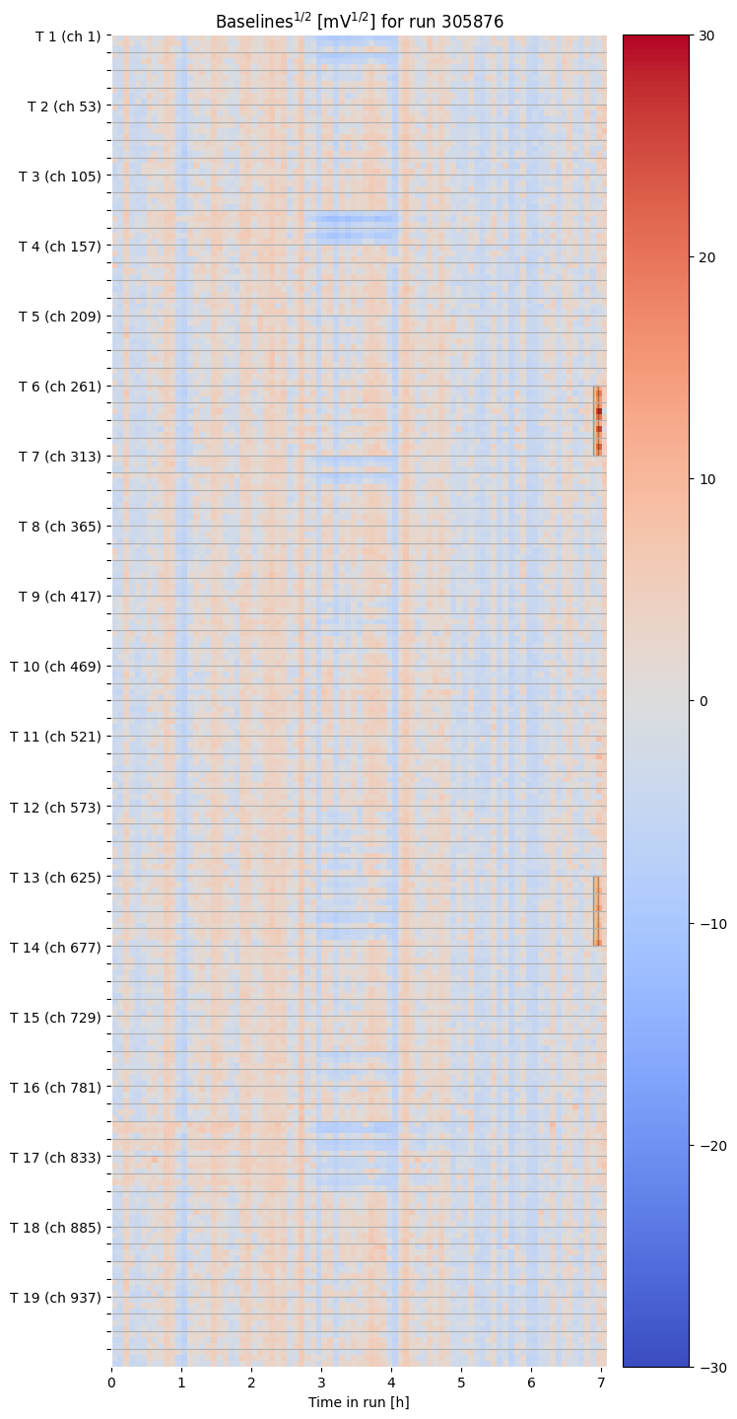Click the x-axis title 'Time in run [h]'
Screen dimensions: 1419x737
point(359,1402)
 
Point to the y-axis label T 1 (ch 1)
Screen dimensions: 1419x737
point(68,36)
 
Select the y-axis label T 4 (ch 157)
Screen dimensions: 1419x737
point(60,247)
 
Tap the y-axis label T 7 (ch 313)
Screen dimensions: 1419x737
point(60,457)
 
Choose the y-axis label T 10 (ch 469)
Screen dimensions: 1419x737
point(56,667)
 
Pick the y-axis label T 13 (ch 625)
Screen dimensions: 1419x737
point(56,877)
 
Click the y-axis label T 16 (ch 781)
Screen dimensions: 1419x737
point(56,1087)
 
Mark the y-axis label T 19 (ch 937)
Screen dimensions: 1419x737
point(56,1297)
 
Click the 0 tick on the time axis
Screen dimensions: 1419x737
point(111,1384)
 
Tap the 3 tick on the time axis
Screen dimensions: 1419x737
point(321,1384)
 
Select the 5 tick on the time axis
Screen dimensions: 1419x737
point(461,1384)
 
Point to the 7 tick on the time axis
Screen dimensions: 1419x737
point(601,1384)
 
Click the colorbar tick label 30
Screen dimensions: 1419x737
point(706,35)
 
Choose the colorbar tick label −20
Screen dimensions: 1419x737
point(710,1145)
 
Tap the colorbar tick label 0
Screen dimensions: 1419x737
point(703,701)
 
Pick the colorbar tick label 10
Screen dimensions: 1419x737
point(706,479)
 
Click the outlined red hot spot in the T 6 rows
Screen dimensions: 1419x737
point(598,421)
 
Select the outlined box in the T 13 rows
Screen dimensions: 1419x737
point(597,911)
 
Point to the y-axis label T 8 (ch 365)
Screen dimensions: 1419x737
point(60,527)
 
